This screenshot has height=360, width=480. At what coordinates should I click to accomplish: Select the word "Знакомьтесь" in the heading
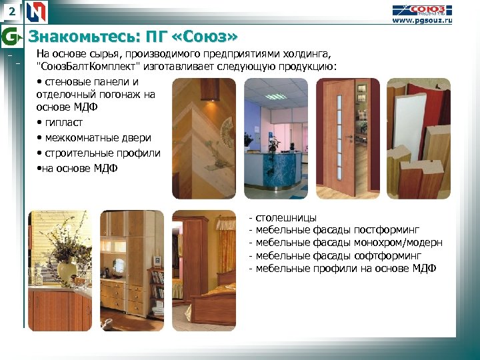[73, 35]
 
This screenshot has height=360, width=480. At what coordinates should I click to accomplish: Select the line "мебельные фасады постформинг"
[337, 230]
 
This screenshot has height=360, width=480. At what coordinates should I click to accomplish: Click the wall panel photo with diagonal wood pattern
[204, 139]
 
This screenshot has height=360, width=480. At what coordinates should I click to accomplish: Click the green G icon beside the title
[11, 35]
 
